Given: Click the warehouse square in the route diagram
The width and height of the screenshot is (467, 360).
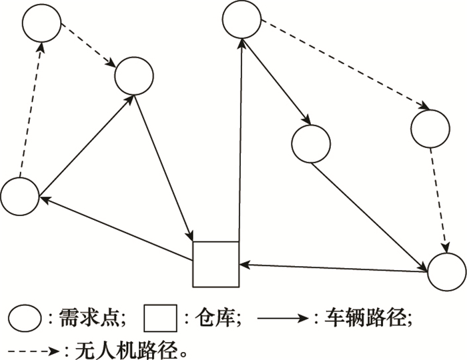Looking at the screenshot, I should point(215,264).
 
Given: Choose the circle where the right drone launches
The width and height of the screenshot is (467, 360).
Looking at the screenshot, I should point(242,19).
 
